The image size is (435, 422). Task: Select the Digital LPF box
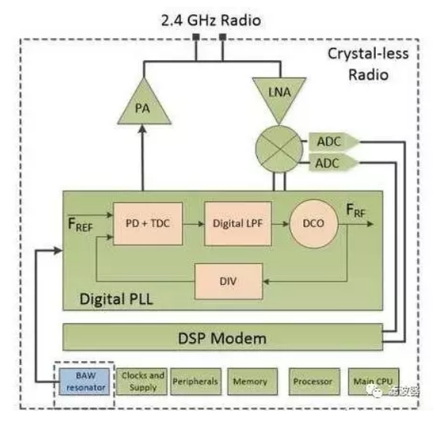(235, 223)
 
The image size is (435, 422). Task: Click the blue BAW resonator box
(83, 382)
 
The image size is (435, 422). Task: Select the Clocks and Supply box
(143, 381)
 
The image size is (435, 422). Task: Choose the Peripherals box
(195, 382)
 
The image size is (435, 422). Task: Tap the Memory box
(249, 382)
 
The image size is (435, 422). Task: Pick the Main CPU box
(374, 382)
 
